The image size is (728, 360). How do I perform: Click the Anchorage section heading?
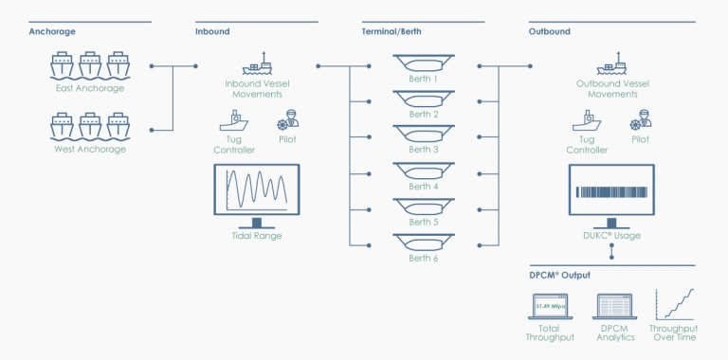pos(52,31)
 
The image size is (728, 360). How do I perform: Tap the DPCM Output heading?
pos(559,276)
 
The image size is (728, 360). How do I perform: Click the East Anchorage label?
pos(90,88)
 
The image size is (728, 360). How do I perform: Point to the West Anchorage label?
pos(90,149)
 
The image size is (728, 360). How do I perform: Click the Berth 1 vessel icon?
pos(423,64)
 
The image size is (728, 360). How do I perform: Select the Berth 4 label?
pos(423,187)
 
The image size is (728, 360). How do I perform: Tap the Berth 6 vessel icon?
pos(423,242)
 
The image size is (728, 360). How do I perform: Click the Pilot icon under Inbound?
pos(287,121)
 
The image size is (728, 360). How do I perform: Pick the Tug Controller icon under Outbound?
pos(586,121)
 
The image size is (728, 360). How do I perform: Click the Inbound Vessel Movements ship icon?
pos(256,66)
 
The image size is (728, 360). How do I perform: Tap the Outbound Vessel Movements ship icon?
pos(612,66)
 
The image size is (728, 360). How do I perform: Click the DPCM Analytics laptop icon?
pos(611,306)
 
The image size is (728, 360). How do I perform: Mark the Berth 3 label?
pos(423,150)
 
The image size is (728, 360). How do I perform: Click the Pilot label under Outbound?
pos(641,139)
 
